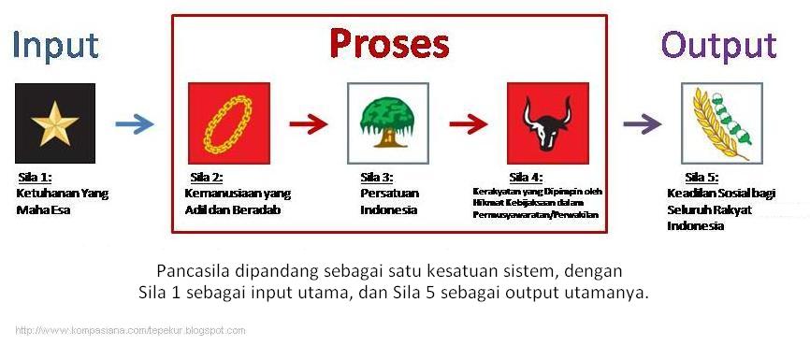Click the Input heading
(x=55, y=47)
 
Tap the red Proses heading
(x=389, y=43)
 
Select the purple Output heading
(x=719, y=47)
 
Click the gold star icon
(x=55, y=123)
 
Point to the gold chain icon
(x=229, y=123)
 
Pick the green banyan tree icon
(x=388, y=123)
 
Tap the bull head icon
(x=548, y=123)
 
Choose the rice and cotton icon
(x=722, y=123)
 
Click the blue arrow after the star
(x=135, y=124)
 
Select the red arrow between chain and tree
(x=309, y=124)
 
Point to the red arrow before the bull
(x=469, y=124)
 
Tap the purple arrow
(x=643, y=124)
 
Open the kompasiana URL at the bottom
(x=130, y=331)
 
